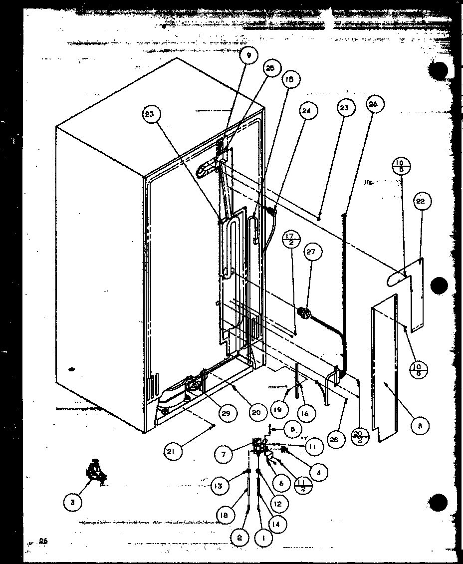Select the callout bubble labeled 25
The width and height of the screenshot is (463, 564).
[270, 69]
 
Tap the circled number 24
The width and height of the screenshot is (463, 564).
[306, 111]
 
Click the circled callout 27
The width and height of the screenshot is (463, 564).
[312, 252]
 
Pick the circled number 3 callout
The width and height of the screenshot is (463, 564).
[73, 503]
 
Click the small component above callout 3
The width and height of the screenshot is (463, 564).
[94, 472]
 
